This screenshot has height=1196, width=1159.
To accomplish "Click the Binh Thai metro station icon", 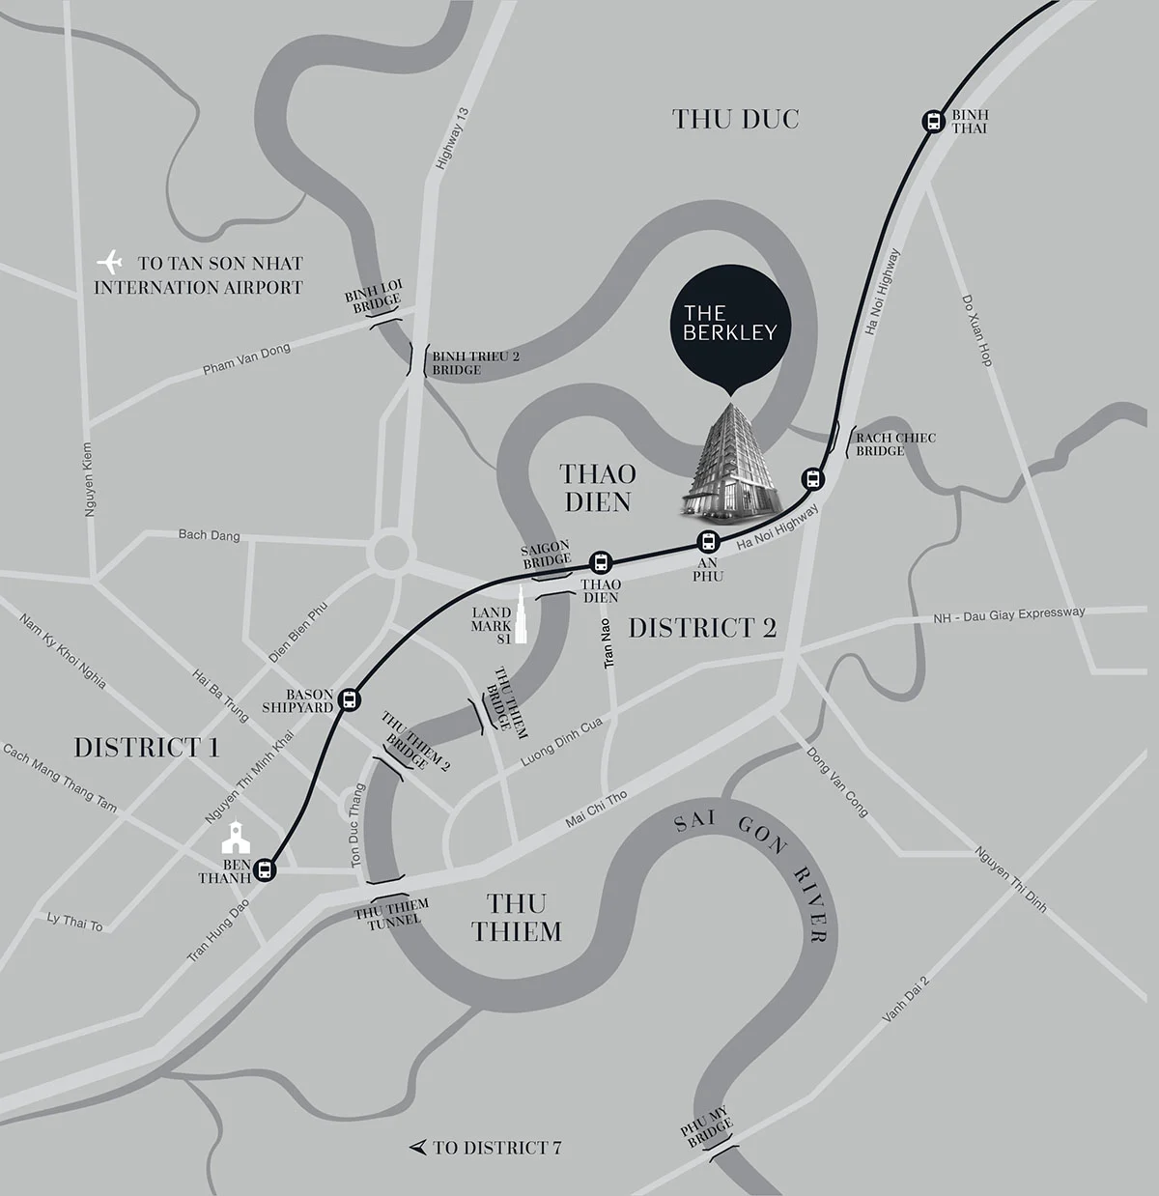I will click(x=933, y=121).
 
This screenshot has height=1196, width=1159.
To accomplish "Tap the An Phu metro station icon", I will click(x=709, y=542).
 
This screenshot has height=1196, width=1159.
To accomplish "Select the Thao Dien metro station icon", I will click(x=601, y=562).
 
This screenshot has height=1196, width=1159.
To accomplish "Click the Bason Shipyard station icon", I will click(x=350, y=698).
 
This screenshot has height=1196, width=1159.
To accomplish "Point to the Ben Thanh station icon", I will click(x=266, y=869).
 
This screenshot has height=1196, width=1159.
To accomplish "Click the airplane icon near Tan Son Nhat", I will click(x=112, y=262).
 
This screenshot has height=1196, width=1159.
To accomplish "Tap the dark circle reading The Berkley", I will click(x=730, y=323).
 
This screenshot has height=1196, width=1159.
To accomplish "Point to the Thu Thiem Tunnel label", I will click(x=392, y=913).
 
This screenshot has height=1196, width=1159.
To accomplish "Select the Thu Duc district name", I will click(x=735, y=120).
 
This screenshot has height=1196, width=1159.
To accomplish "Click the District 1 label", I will click(x=146, y=748).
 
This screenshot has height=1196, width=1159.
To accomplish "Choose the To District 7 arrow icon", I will click(x=418, y=1147).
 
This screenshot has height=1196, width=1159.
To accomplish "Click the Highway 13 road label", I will click(x=451, y=139).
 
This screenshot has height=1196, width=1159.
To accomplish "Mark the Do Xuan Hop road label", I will click(x=976, y=329).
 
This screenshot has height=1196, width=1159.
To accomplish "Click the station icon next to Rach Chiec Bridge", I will click(x=812, y=477).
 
